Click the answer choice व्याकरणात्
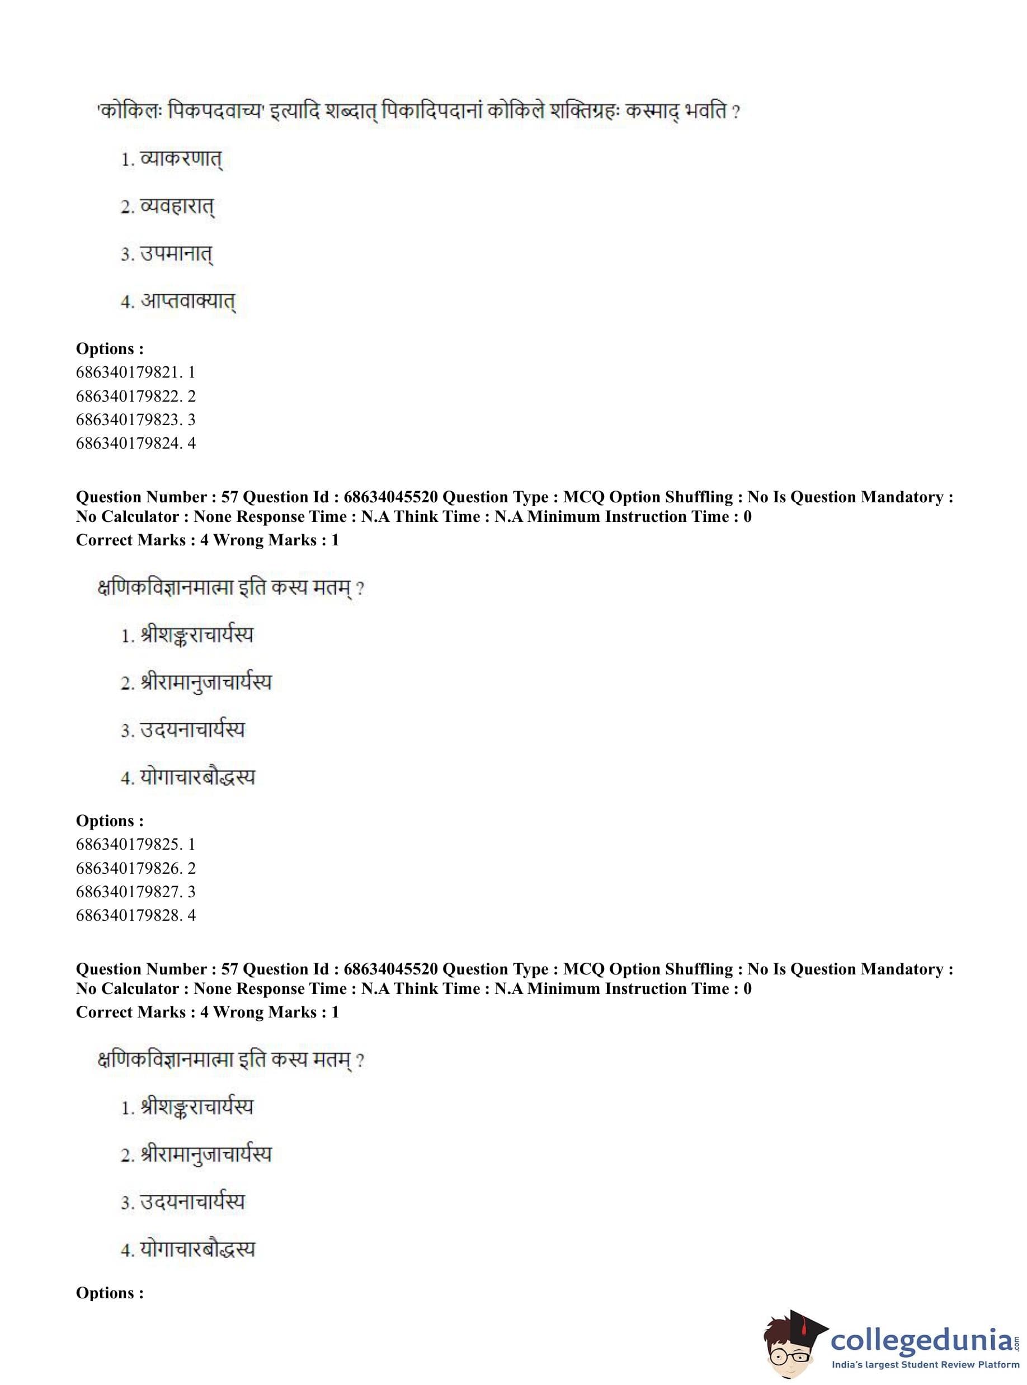180,160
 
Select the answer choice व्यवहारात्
177,206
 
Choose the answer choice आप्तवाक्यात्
187,302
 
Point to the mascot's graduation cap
802,1322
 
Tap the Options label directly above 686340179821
110,348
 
